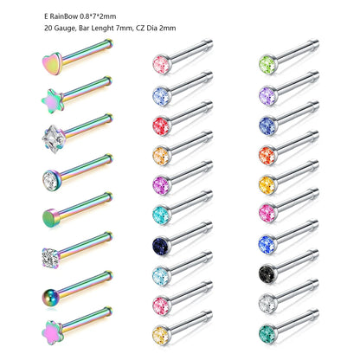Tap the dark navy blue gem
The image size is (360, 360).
point(160,242)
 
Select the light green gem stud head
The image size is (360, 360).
point(267,62)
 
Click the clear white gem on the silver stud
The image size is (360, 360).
point(267,317)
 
